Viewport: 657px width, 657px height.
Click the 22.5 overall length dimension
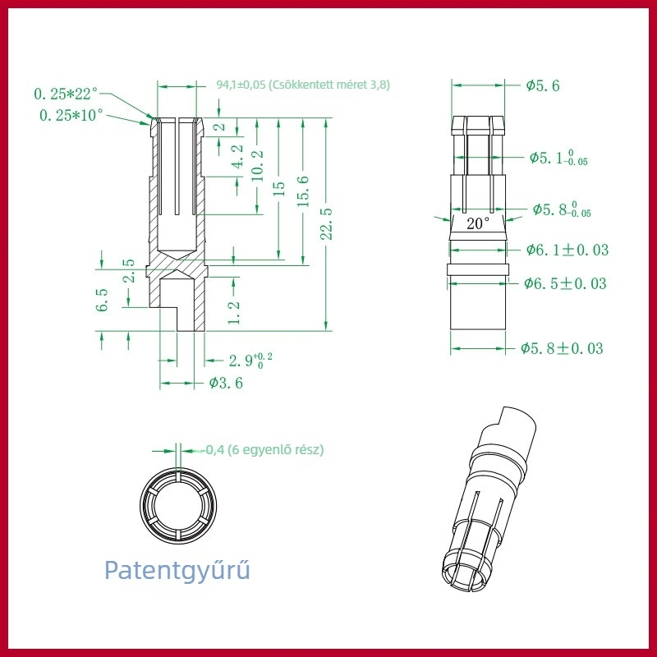(x=326, y=223)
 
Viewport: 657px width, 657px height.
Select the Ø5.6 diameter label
(x=543, y=85)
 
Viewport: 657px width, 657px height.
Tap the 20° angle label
(x=478, y=223)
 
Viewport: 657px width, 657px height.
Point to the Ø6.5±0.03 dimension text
(x=565, y=283)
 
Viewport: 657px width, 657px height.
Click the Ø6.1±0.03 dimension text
(x=567, y=250)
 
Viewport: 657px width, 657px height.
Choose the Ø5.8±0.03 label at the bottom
(x=562, y=348)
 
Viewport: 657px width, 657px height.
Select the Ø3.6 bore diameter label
(x=226, y=383)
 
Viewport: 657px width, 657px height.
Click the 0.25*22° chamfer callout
(x=66, y=94)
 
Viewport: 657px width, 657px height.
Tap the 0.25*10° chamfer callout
(x=71, y=115)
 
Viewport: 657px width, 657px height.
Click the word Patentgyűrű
(x=177, y=571)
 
